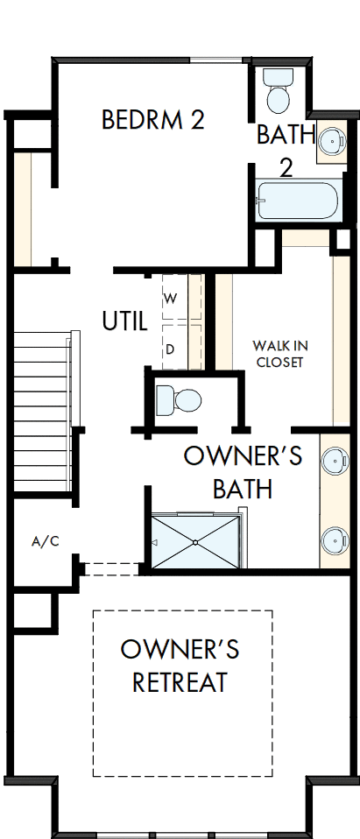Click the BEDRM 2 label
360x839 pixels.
pos(152,120)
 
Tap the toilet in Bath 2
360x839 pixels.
pos(279,94)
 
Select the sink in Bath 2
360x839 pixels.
pos(331,140)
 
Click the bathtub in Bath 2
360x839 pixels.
pos(297,201)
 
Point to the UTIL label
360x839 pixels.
pos(124,321)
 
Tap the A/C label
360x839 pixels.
pos(45,541)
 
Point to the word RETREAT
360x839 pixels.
pos(180,681)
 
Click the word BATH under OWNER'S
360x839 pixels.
pos(242,489)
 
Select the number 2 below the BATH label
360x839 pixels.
pos(286,167)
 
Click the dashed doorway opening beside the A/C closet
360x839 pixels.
pos(112,569)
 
